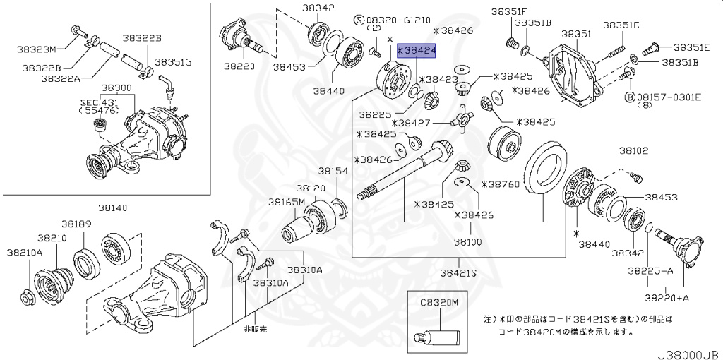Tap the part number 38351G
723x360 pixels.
[x=173, y=61]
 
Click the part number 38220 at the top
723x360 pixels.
[x=239, y=66]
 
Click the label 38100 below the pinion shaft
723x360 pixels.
[x=467, y=241]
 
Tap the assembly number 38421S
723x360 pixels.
[x=458, y=272]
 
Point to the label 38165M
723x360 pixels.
[x=286, y=202]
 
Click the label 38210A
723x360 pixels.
[x=25, y=252]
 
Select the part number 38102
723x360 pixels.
[x=633, y=150]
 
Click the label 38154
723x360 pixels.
[x=332, y=172]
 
